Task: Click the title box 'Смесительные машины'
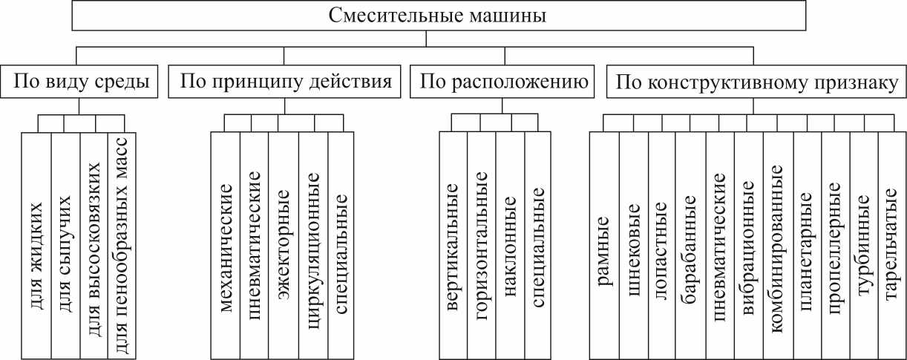click(x=437, y=16)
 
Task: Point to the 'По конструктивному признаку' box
click(x=754, y=81)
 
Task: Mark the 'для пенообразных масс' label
click(x=122, y=238)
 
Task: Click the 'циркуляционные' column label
click(x=313, y=238)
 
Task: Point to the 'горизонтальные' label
click(x=482, y=238)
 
